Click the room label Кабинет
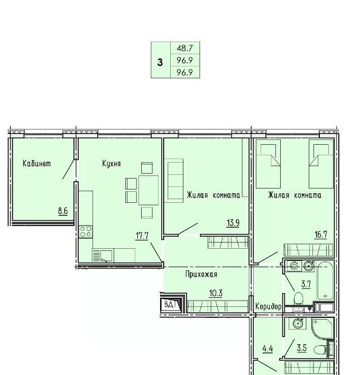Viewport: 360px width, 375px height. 37,164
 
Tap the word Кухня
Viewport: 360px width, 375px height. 112,164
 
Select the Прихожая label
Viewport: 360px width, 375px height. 201,274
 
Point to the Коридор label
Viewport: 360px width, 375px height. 269,306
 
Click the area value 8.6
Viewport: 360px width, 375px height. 63,211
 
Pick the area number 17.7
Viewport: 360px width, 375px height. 142,236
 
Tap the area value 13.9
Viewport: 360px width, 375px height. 233,223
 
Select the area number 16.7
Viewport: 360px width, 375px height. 321,235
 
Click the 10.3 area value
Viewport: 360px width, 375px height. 216,293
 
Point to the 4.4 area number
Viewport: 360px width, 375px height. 267,349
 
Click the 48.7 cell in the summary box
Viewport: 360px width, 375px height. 184,48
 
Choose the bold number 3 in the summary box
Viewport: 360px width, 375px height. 160,63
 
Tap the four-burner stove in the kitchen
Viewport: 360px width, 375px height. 86,231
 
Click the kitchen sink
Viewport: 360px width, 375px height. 103,256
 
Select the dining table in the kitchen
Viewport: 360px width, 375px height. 149,190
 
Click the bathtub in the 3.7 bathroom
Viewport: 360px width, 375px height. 325,281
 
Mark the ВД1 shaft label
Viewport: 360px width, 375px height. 170,305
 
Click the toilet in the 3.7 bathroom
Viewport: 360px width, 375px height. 298,298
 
